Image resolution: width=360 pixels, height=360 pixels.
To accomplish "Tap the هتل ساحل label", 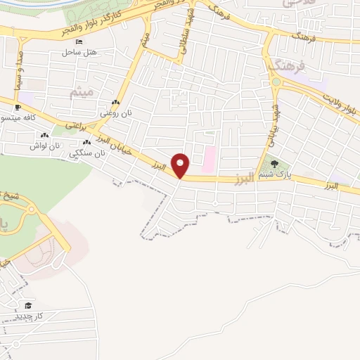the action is [78, 52].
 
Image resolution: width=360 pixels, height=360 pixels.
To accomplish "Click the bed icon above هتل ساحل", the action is [78, 42].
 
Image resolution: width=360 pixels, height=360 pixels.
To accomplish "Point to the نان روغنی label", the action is [115, 112].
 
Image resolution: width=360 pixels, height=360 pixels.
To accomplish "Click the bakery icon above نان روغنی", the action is [115, 103].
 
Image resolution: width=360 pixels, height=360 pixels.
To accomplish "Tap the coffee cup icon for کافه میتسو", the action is [17, 108].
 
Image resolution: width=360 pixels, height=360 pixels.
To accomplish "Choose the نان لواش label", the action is [42, 145].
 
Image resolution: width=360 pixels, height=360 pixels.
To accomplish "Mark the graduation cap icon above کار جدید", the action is [28, 305].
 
